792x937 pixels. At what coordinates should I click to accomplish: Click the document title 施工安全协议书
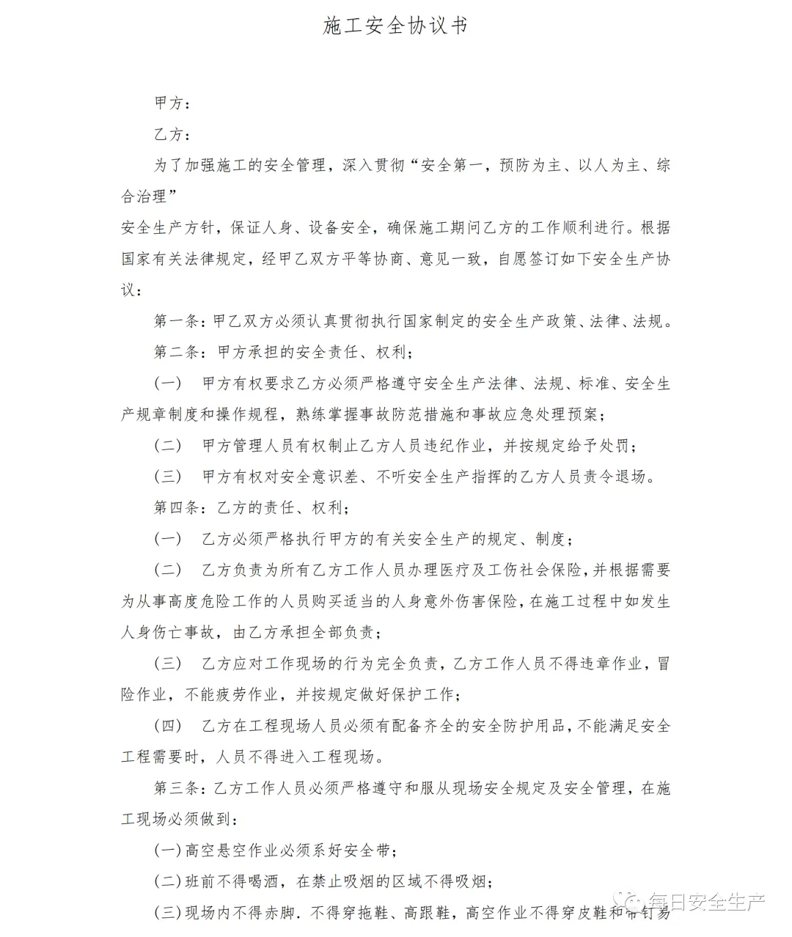click(x=395, y=26)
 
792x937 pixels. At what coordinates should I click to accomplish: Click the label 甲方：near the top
click(x=173, y=103)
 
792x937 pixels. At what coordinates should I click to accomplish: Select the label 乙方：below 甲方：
click(x=173, y=134)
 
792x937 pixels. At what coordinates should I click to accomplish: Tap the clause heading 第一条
click(x=177, y=321)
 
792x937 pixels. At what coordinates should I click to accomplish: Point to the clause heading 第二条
click(x=177, y=353)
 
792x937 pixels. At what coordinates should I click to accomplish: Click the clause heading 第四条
click(x=177, y=508)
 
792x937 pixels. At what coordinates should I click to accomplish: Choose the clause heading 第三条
click(x=177, y=789)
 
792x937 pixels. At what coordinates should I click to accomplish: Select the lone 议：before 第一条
click(x=132, y=290)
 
